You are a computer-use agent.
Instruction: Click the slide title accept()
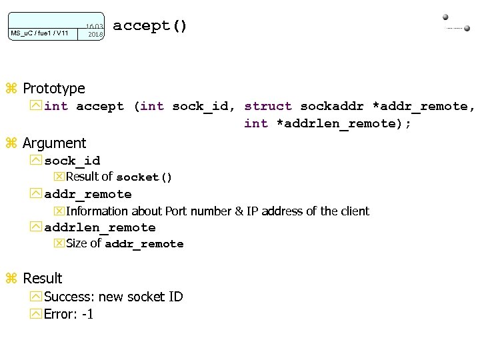point(150,27)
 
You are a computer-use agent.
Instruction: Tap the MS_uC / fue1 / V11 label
point(39,33)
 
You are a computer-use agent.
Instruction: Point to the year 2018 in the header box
point(96,34)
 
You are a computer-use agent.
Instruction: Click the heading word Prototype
point(54,88)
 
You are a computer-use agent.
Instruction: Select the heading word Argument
point(54,143)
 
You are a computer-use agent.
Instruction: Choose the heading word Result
point(42,278)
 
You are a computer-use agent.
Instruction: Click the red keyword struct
point(268,106)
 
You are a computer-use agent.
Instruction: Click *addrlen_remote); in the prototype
point(344,123)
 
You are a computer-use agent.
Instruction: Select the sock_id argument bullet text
point(72,161)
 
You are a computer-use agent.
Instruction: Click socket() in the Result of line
point(144,177)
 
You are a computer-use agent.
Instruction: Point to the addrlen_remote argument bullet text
point(100,227)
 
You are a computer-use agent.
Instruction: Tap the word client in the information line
point(355,211)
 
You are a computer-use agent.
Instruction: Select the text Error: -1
point(69,313)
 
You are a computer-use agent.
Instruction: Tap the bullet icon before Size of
point(59,243)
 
